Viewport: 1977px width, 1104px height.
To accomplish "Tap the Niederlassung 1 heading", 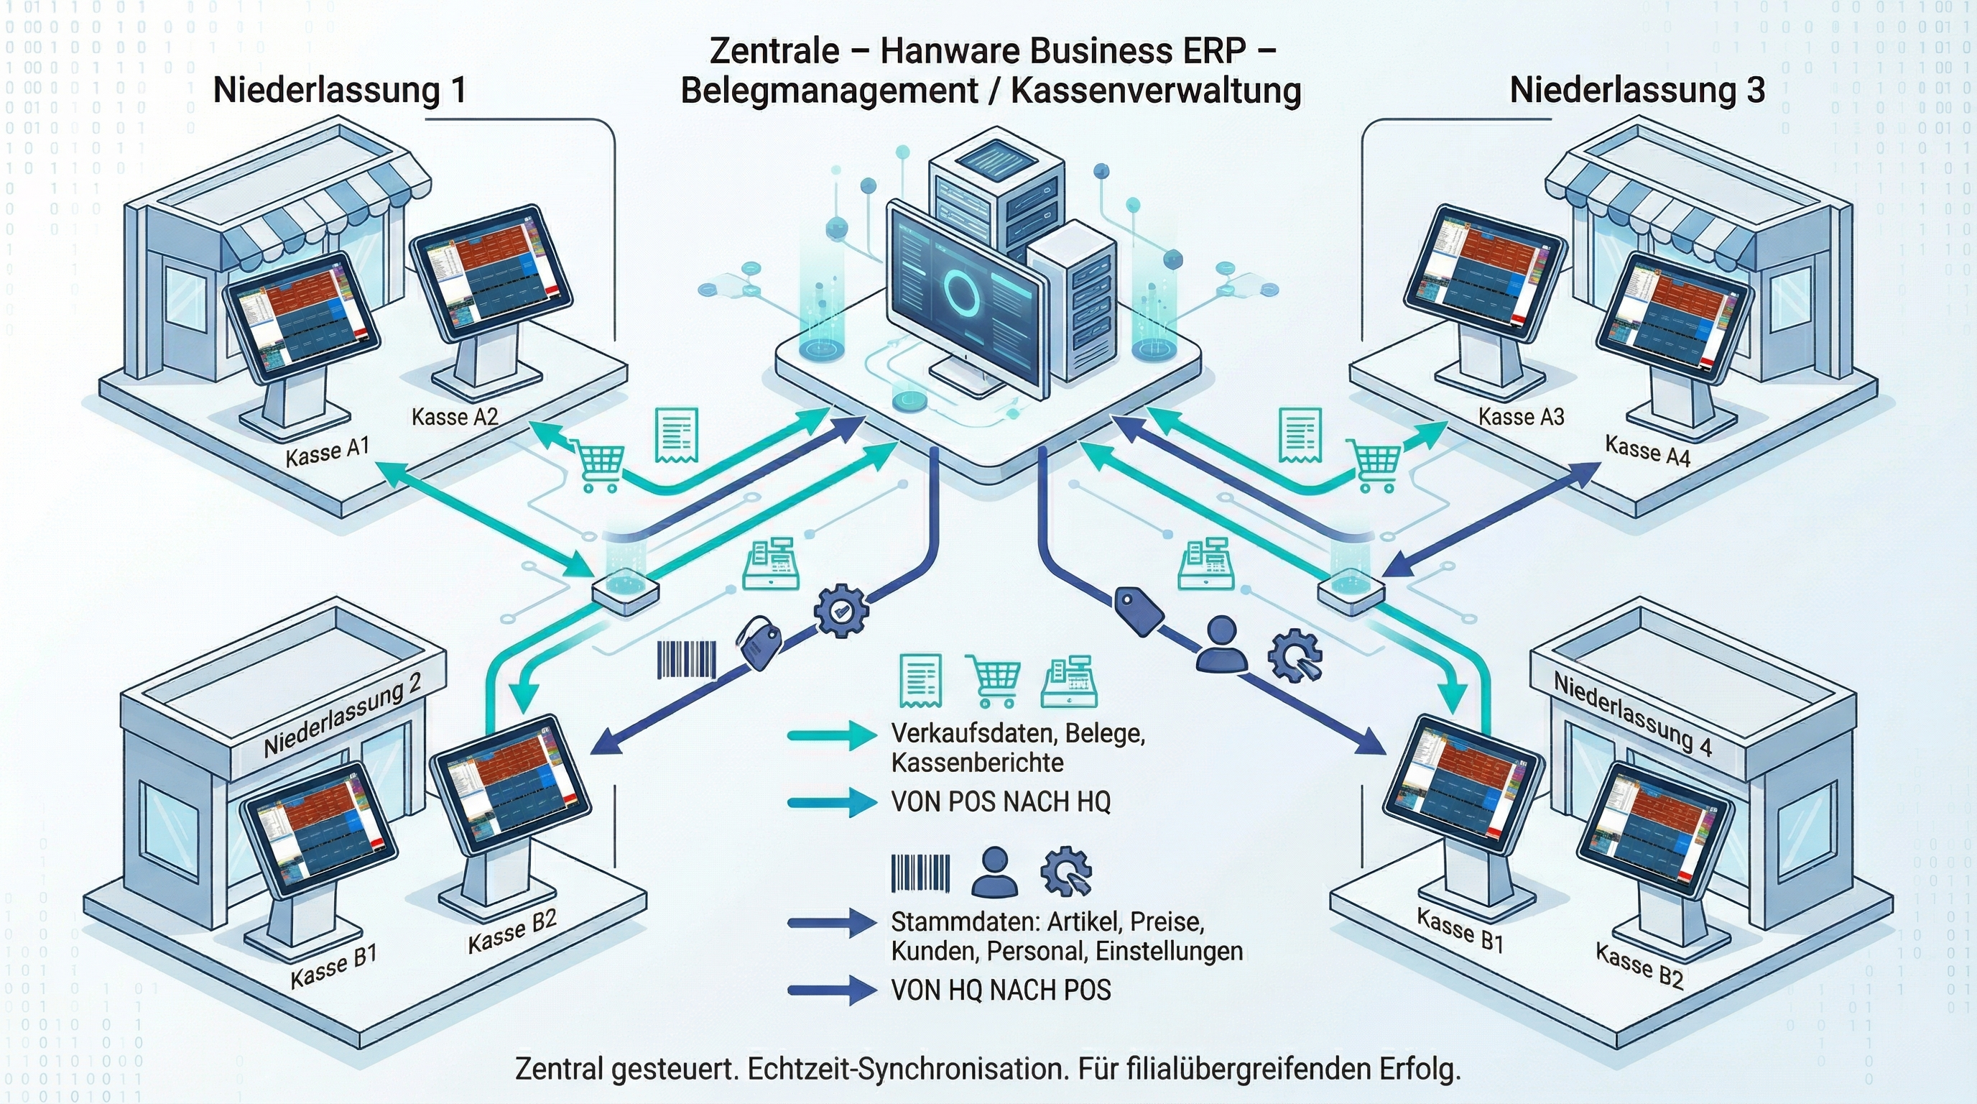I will pyautogui.click(x=339, y=90).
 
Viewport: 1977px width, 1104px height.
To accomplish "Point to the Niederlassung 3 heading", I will pyautogui.click(x=1637, y=90).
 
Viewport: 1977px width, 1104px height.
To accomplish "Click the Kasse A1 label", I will pyautogui.click(x=328, y=452).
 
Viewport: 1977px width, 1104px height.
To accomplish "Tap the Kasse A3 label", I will pyautogui.click(x=1521, y=417).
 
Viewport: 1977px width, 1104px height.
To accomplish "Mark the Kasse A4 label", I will pyautogui.click(x=1648, y=451).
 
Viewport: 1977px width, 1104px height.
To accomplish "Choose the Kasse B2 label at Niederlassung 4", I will pyautogui.click(x=1639, y=965).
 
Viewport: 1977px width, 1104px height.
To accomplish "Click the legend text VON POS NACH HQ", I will pyautogui.click(x=1001, y=801).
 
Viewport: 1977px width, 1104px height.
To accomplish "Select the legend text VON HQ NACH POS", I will pyautogui.click(x=1001, y=990).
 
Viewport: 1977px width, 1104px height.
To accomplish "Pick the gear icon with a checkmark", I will pyautogui.click(x=841, y=611).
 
